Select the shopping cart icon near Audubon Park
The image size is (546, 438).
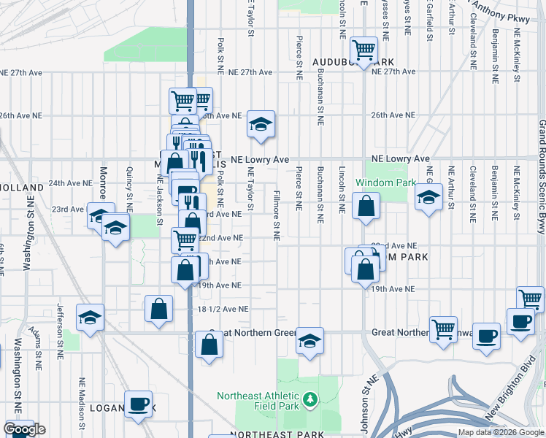coord(363,50)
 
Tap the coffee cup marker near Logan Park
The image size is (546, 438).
coord(138,404)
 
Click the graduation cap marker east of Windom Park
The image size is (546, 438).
coord(428,196)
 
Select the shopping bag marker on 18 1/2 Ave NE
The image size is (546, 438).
coord(158,308)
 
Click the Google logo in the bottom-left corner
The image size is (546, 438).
coord(24,429)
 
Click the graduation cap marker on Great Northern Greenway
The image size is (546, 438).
coord(309,342)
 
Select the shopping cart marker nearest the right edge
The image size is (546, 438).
coord(530,298)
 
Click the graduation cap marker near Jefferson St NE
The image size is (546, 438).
coord(90,318)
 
